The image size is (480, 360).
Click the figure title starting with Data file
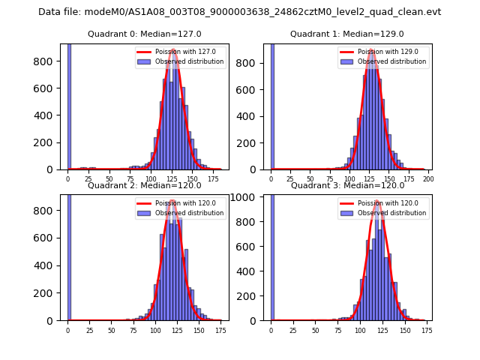[x=239, y=12]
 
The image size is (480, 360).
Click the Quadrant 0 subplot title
[x=142, y=34]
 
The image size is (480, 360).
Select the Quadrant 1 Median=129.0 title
[x=346, y=34]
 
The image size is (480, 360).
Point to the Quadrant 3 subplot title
[x=346, y=185]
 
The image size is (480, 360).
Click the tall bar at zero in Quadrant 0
[x=69, y=105]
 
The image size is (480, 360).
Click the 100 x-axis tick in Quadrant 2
[x=155, y=331]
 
